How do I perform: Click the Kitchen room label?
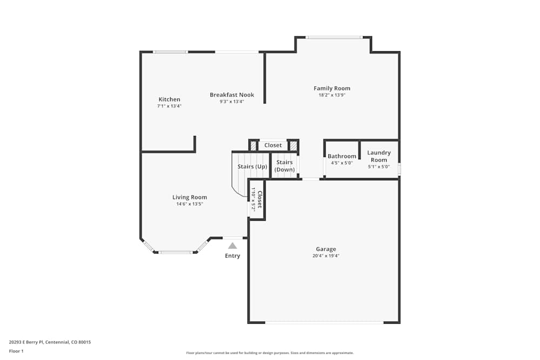pos(169,99)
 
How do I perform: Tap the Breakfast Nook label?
pos(232,94)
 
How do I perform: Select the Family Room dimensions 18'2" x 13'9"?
pos(332,95)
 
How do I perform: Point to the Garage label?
pos(326,249)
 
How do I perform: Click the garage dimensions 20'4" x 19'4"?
pos(326,256)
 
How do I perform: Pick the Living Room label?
pos(190,197)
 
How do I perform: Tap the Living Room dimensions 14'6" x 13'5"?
pos(190,203)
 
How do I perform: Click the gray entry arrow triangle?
pos(232,246)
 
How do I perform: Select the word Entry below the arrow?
pos(232,256)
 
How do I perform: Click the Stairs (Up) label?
pos(252,167)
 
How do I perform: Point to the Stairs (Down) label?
pos(285,166)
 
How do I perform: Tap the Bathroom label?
pos(342,157)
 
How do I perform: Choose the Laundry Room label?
pos(379,157)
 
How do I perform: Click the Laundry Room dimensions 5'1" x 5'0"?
pos(379,167)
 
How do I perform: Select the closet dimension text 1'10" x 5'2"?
pos(253,199)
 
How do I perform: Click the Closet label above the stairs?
pos(273,145)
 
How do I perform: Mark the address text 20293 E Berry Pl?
pos(26,342)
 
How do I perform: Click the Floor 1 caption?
pos(16,351)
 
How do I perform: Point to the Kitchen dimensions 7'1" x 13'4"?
pos(169,106)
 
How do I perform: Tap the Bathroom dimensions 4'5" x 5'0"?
pos(342,163)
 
